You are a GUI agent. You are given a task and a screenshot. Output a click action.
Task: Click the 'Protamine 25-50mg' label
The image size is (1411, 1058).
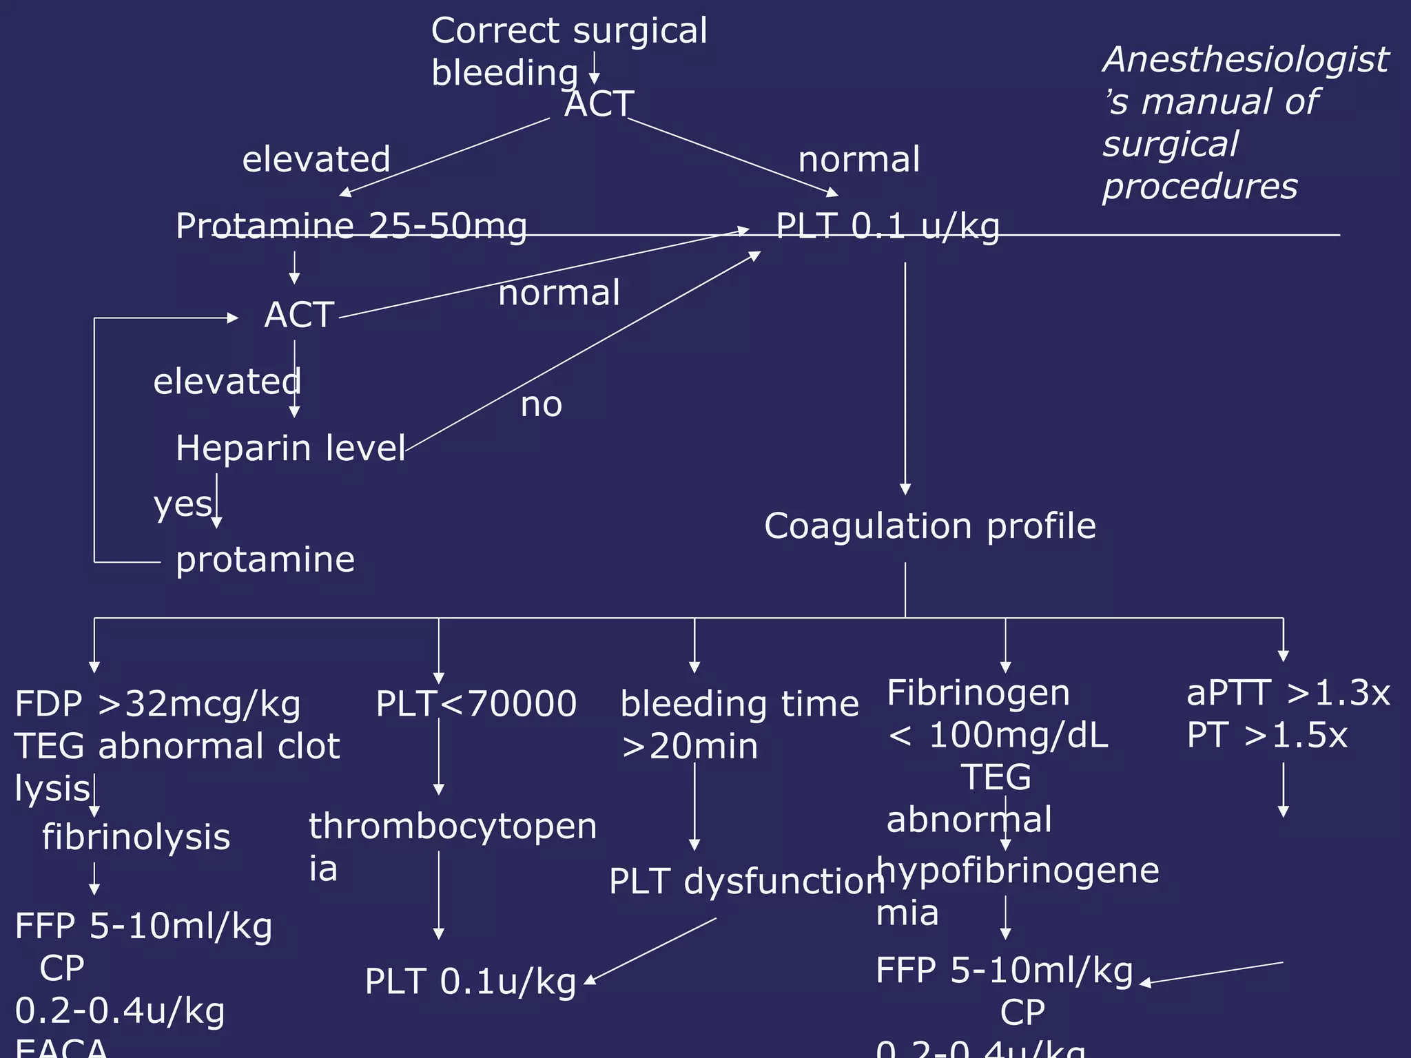tap(351, 226)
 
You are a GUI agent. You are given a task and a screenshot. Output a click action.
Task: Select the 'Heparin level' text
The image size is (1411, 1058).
tap(290, 448)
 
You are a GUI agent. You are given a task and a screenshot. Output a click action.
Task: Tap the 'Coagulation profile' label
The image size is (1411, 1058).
tap(929, 526)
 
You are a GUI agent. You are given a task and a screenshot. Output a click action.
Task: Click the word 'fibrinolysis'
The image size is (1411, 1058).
tap(136, 838)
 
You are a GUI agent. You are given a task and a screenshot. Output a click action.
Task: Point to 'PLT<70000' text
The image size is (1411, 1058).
tap(476, 704)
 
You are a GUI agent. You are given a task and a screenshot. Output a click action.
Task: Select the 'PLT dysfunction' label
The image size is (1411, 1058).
tap(746, 882)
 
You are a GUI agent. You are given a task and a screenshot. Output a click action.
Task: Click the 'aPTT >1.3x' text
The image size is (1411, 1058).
tap(1288, 693)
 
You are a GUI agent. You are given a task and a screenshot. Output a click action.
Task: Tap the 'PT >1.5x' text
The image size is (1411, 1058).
tap(1266, 736)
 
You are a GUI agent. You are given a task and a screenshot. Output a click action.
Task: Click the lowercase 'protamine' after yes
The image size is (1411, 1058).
tap(265, 559)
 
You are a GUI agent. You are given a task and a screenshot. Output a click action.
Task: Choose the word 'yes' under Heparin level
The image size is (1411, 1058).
tap(183, 504)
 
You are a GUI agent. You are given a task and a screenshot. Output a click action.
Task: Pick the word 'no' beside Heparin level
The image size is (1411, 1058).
tap(541, 405)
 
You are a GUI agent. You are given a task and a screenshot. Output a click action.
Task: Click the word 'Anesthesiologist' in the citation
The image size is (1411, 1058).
tap(1246, 59)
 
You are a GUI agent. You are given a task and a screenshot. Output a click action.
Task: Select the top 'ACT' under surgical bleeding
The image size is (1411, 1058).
tap(598, 105)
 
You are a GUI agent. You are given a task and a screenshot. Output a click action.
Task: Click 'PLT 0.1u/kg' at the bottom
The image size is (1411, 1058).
tap(470, 982)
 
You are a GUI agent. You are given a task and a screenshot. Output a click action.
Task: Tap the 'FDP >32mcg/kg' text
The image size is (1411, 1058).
tap(158, 704)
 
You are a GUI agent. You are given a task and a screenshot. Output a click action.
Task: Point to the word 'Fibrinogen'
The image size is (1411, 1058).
tap(978, 693)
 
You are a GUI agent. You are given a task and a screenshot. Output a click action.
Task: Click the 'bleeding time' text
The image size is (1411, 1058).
tap(739, 704)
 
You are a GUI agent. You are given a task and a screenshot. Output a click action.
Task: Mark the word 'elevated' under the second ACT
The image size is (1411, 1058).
tap(227, 382)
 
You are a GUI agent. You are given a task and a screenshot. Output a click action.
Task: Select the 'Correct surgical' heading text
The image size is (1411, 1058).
tap(569, 31)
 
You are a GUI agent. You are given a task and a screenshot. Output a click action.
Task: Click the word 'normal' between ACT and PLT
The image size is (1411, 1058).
tap(559, 293)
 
